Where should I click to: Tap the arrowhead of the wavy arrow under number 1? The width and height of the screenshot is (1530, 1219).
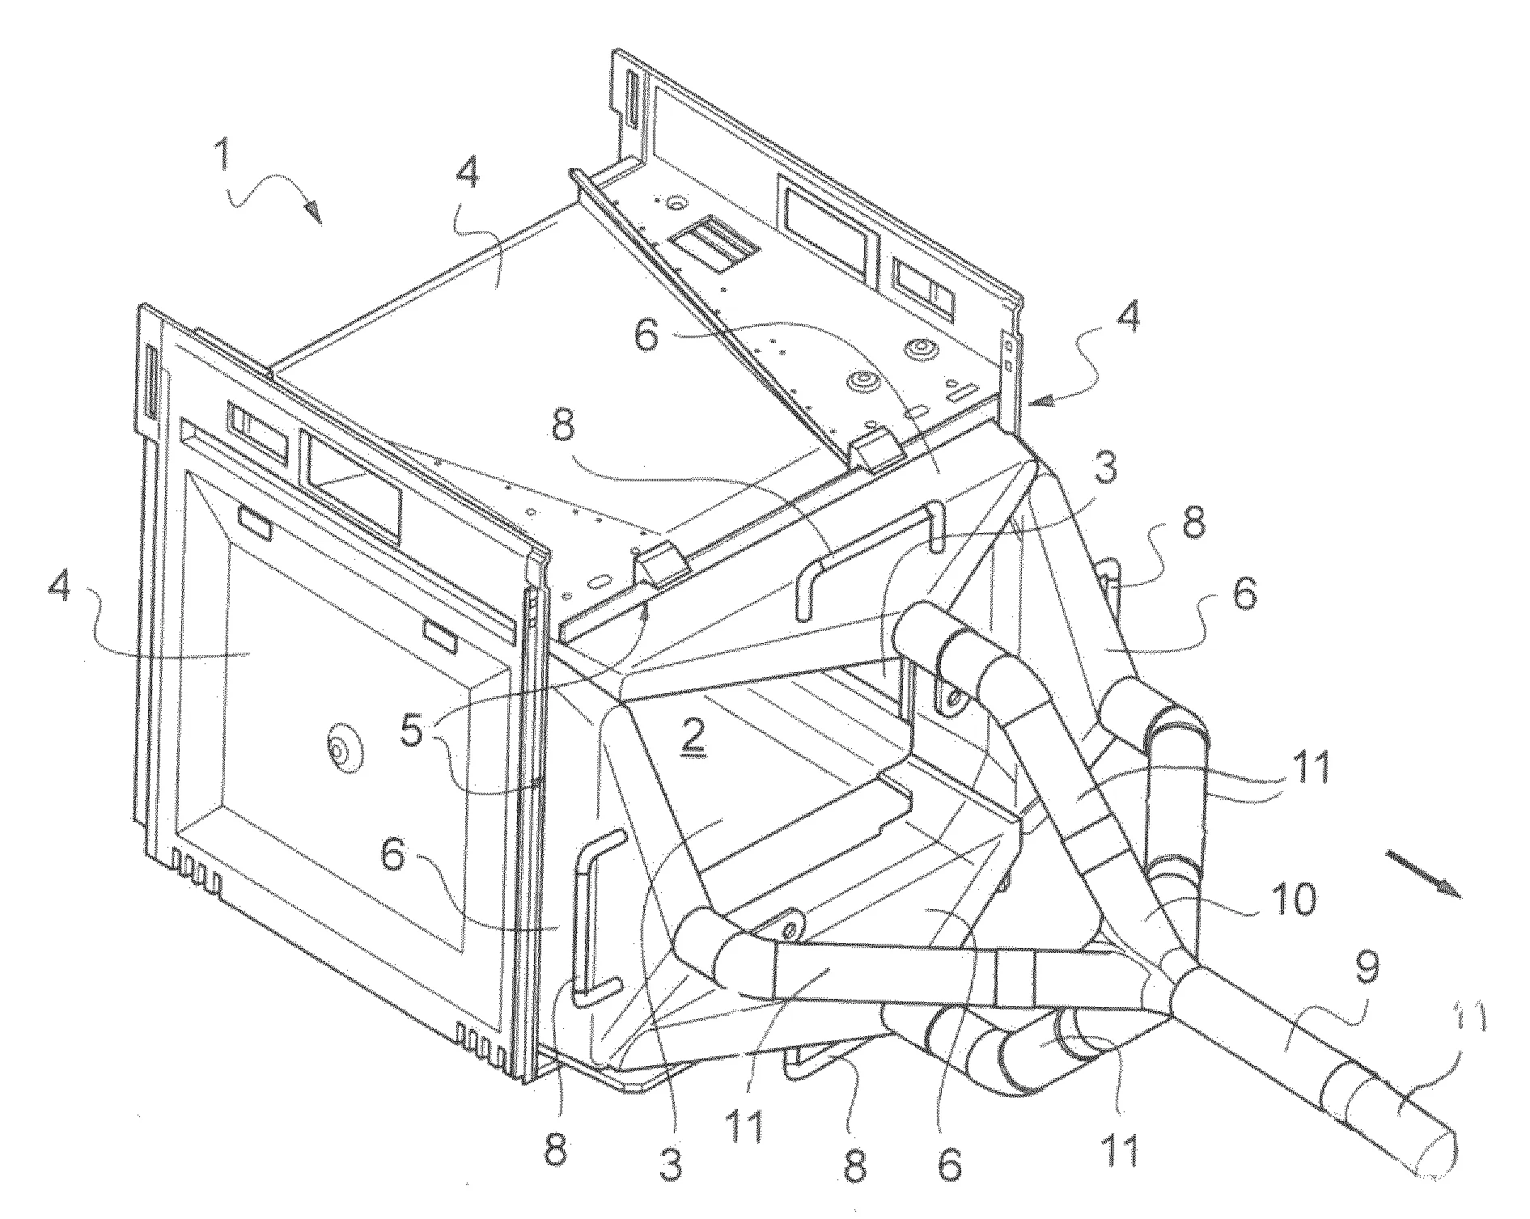coord(313,214)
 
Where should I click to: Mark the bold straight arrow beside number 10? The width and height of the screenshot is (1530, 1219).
coord(1426,874)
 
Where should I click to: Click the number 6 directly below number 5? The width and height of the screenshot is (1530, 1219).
coord(392,854)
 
